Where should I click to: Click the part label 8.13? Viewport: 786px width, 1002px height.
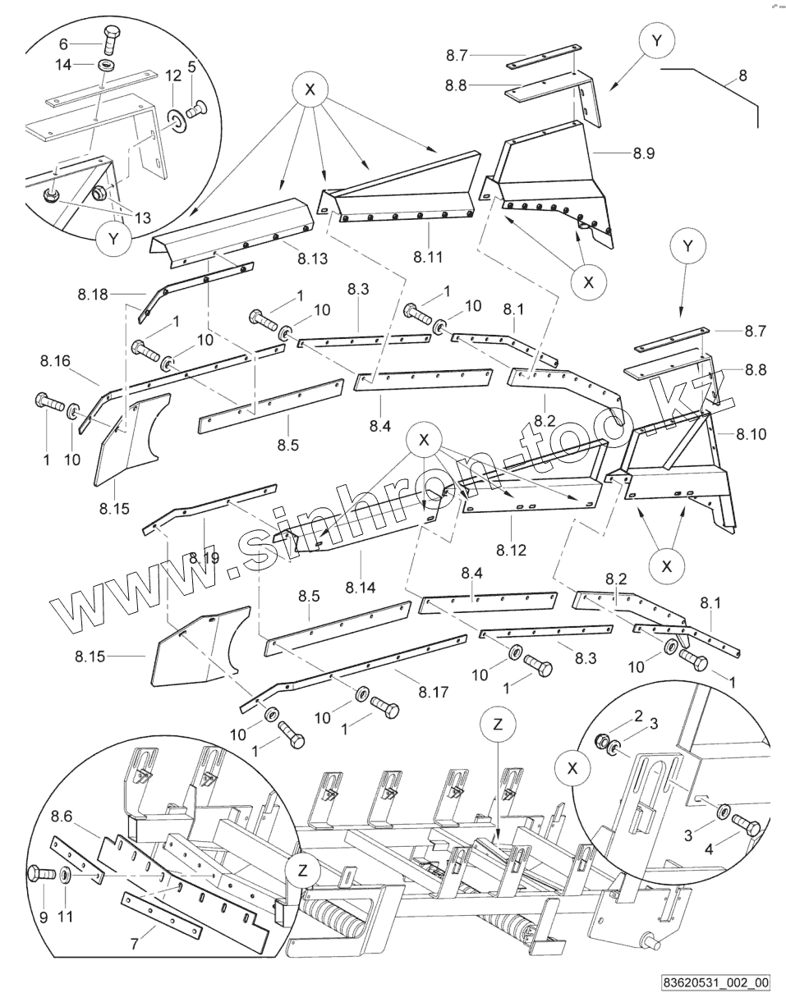click(313, 258)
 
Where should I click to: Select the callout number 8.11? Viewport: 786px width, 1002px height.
click(428, 257)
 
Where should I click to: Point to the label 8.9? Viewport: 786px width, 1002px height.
click(644, 153)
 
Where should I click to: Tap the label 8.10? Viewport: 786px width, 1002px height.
click(751, 433)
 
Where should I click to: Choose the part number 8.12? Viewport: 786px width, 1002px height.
click(511, 550)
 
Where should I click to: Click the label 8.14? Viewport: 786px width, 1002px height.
click(361, 587)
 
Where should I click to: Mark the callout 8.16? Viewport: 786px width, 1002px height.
click(55, 360)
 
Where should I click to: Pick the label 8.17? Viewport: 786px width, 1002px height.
click(433, 692)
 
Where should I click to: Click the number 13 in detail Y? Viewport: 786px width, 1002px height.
click(143, 217)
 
